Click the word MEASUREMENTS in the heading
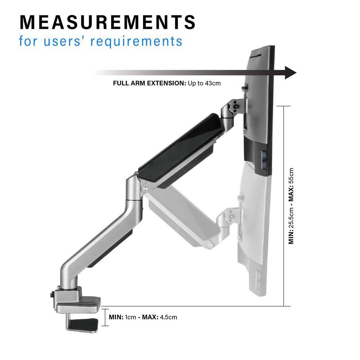click(107, 22)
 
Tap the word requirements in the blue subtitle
click(136, 41)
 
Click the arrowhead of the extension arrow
click(290, 73)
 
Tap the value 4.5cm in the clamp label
click(168, 317)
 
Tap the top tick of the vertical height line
click(284, 106)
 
